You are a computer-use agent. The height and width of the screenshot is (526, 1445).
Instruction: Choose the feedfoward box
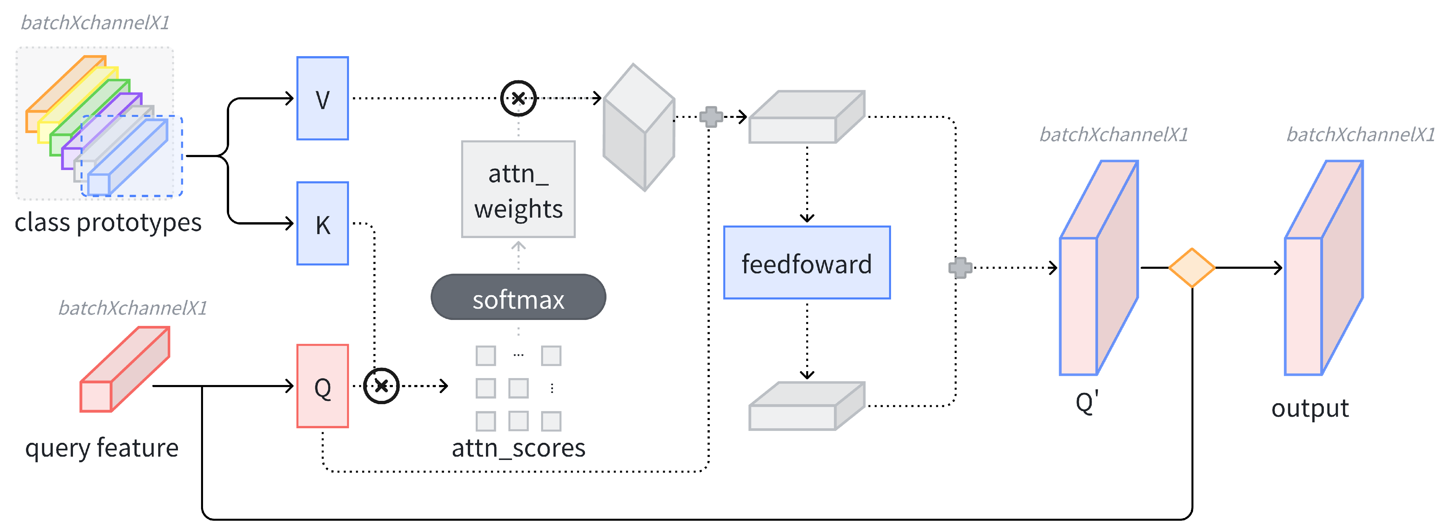(807, 263)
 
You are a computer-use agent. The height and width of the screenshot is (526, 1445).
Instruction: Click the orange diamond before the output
(1191, 267)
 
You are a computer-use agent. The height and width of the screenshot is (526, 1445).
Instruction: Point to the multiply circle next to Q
(381, 386)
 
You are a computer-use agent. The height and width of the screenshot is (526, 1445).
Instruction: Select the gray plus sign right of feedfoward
(960, 267)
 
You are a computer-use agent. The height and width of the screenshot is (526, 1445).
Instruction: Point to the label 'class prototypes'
(108, 223)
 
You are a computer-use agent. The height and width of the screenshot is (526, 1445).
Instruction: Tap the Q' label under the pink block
(1086, 403)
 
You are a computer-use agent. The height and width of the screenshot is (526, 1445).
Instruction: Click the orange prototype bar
(62, 90)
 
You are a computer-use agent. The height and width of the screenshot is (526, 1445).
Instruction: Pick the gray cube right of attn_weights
(638, 127)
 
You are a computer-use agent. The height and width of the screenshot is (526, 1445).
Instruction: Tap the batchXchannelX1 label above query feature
(133, 308)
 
